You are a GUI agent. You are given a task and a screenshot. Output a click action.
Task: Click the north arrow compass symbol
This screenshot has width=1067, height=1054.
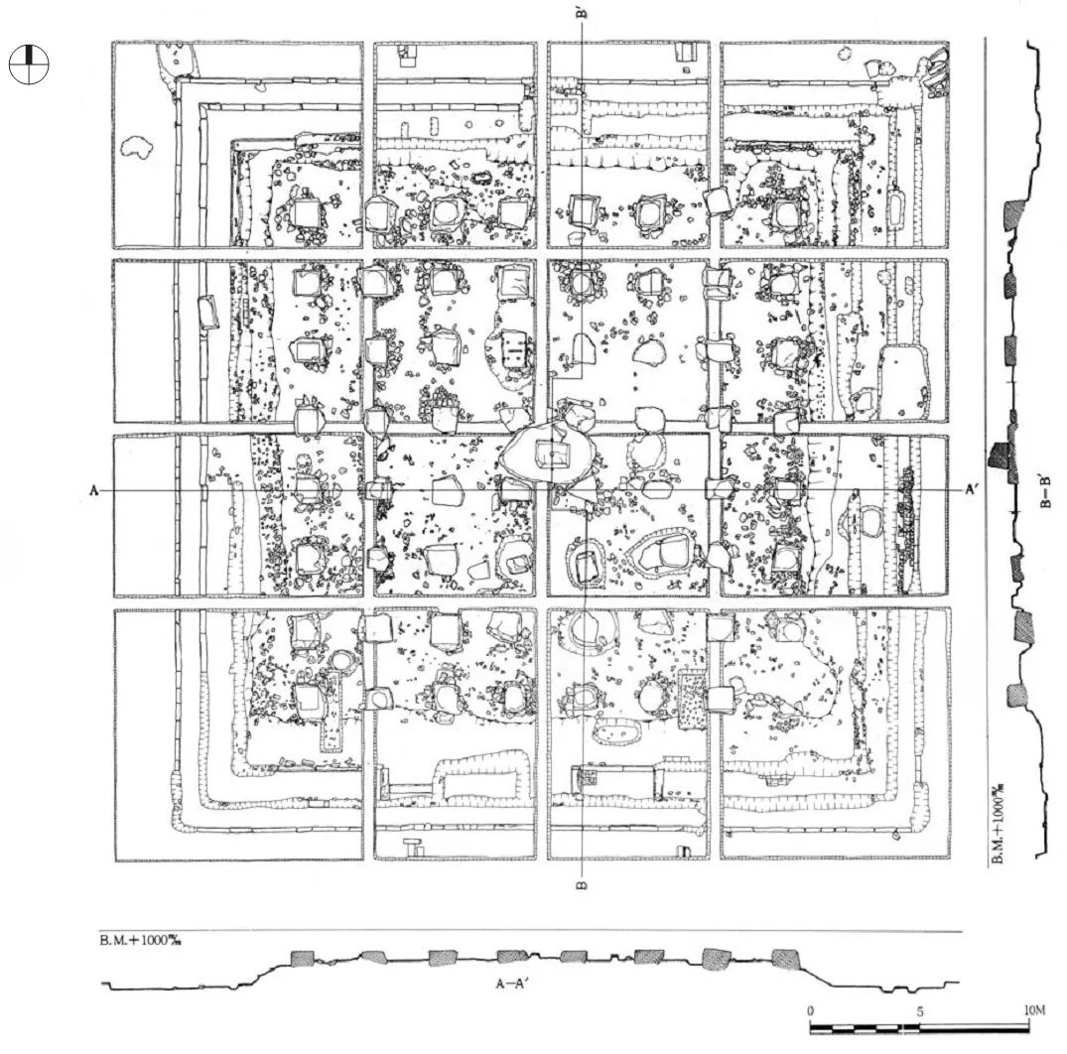(x=29, y=65)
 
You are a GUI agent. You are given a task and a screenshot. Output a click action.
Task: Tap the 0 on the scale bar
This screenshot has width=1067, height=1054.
(x=811, y=1010)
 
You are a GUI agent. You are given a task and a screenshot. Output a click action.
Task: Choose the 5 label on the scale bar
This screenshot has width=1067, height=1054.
(x=919, y=1010)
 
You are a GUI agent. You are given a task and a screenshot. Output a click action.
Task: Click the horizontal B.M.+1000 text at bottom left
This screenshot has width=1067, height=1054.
(x=138, y=939)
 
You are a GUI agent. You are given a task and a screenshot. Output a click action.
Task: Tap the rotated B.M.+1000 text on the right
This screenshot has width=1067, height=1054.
(x=999, y=824)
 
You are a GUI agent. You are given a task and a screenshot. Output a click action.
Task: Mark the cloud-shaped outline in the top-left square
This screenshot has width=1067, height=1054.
(x=137, y=148)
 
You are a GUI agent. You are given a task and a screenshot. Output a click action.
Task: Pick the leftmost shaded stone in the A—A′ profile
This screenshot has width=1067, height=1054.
(x=303, y=958)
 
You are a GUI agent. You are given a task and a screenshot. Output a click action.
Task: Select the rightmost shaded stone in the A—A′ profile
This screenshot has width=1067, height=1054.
(x=785, y=959)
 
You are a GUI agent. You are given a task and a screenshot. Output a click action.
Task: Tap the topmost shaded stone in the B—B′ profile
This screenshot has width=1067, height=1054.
(x=1015, y=213)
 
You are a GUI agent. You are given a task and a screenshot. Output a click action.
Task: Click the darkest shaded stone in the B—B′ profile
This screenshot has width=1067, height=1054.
(x=999, y=456)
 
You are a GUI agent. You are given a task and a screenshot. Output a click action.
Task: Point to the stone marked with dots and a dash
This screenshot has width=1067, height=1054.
(x=516, y=349)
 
